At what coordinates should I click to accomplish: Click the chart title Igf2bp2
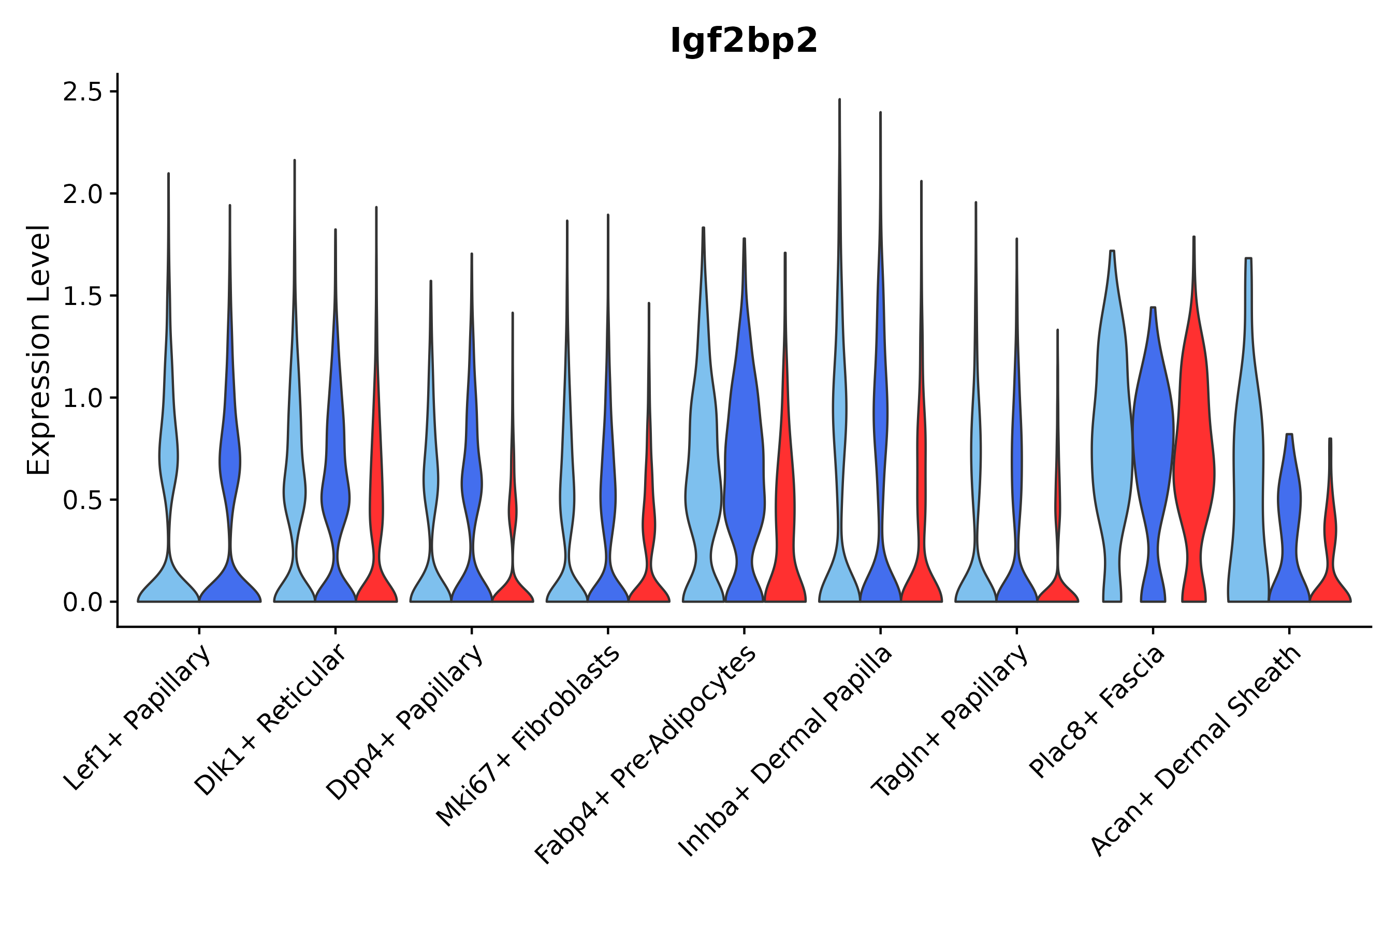[x=744, y=41]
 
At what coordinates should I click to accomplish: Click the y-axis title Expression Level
[x=39, y=349]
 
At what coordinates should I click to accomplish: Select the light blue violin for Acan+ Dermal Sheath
[x=1247, y=475]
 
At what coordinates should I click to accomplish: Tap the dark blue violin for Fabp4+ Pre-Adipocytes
[x=743, y=475]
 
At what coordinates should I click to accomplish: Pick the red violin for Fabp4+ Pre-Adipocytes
[x=784, y=505]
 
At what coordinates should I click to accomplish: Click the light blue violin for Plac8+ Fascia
[x=1112, y=446]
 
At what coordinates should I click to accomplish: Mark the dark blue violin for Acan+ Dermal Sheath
[x=1289, y=505]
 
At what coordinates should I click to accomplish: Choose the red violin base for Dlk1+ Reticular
[x=376, y=588]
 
